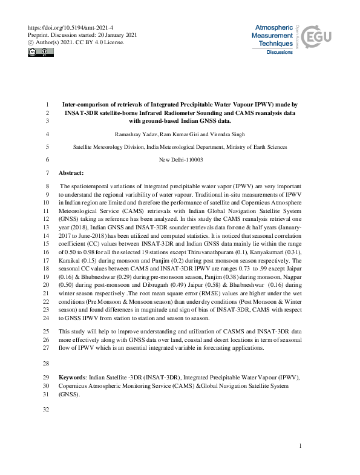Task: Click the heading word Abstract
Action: pyautogui.click(x=71, y=172)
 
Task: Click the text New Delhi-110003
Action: pyautogui.click(x=181, y=160)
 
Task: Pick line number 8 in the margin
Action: pyautogui.click(x=47, y=187)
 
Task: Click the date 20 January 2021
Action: pyautogui.click(x=110, y=35)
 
